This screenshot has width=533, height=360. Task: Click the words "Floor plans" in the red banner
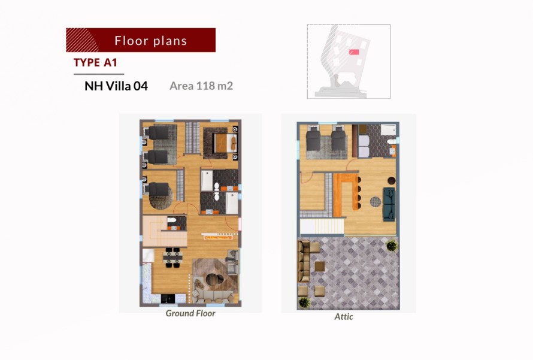coord(150,41)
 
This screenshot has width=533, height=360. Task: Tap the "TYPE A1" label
coord(95,62)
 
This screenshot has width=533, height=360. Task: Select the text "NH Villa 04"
coord(116,86)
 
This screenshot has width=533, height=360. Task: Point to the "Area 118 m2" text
coord(201,86)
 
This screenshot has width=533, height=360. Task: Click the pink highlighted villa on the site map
coord(354,52)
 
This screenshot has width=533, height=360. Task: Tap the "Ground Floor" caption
coord(190,313)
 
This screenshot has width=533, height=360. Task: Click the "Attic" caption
coord(344,316)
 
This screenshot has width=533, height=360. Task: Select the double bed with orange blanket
coord(225,143)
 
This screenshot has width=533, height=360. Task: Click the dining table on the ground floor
coord(172,258)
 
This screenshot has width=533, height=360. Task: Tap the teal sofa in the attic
coord(389,204)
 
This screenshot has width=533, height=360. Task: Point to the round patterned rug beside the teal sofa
coord(375,202)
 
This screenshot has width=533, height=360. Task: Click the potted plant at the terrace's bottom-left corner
coord(304,302)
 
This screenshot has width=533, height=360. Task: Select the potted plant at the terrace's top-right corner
coord(392,245)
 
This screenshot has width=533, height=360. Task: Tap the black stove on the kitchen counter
coord(168,298)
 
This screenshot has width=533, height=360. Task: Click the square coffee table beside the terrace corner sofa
coord(320,266)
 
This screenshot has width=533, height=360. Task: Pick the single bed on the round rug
coord(159,189)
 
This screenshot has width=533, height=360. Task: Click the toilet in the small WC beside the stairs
coord(172,220)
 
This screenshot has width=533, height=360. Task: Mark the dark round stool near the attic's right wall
coord(391,180)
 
